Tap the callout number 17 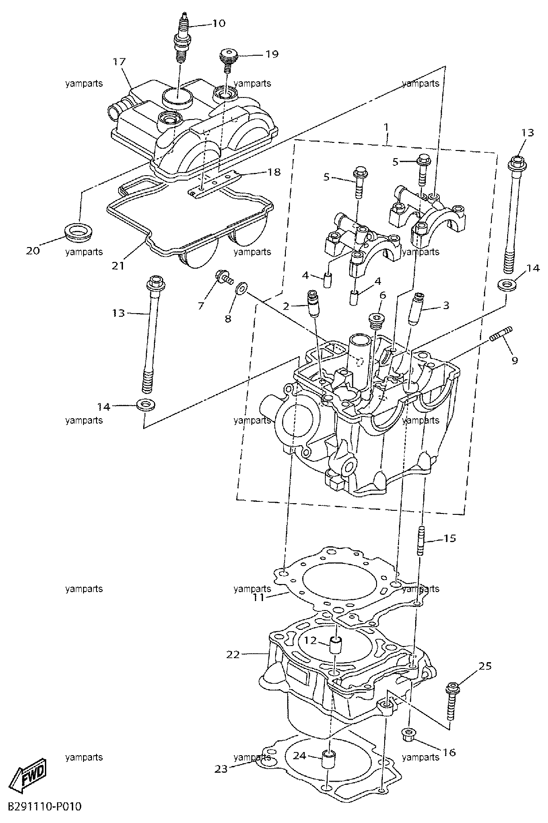[x=119, y=62]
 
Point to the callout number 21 [x=118, y=265]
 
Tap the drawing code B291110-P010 [x=44, y=807]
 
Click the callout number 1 [x=386, y=127]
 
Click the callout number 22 [x=233, y=655]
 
